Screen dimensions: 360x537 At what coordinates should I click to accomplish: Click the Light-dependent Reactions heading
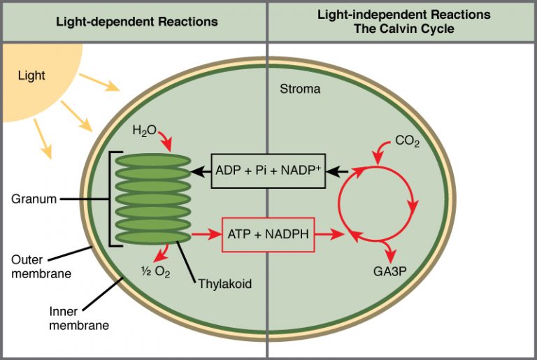coord(137,22)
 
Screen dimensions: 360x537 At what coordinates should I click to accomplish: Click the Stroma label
coord(300,89)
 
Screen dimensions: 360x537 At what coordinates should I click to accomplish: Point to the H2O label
coord(145,131)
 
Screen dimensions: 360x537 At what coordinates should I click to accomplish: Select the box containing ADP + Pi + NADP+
coord(268,171)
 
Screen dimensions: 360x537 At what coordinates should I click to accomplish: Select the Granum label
coord(34,199)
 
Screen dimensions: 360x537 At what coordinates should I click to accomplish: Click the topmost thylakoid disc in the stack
coord(152,160)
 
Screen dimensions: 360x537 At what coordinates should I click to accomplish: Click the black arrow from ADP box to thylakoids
coord(202,171)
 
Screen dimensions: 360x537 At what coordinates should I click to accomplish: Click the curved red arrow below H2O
coord(166,141)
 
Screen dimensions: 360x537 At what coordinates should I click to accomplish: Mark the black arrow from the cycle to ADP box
coord(339,171)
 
